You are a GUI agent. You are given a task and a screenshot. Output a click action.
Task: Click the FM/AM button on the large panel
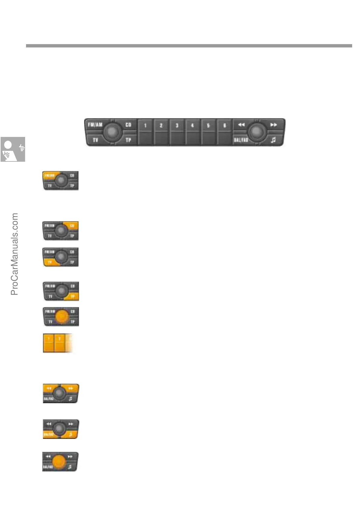(x=95, y=125)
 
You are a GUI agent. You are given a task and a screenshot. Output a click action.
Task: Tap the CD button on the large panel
(x=129, y=125)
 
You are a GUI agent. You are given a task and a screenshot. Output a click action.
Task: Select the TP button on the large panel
(x=129, y=140)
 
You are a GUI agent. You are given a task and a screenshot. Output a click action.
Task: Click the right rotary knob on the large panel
(x=257, y=131)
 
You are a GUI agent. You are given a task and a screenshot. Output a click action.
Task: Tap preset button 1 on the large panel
(x=146, y=132)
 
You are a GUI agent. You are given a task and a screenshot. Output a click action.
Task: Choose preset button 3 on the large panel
(x=177, y=132)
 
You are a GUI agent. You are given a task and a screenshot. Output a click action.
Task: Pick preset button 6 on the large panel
(x=224, y=132)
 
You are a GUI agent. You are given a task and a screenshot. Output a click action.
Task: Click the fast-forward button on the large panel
(x=273, y=125)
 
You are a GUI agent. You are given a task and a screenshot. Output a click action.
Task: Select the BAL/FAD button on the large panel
(x=241, y=140)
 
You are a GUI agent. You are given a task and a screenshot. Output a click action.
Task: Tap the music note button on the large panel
(x=273, y=140)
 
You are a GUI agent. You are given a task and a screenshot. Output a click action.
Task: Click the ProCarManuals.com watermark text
(x=15, y=254)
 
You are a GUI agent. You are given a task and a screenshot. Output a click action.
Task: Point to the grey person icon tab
(x=13, y=149)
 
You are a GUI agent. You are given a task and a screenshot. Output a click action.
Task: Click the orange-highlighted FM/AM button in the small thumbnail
(x=49, y=175)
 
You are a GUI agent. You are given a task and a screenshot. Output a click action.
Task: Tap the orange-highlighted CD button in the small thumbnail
(x=72, y=226)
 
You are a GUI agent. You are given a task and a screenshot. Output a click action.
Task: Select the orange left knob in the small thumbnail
(x=61, y=316)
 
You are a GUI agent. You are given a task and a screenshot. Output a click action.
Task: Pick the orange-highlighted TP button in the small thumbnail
(x=73, y=297)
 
